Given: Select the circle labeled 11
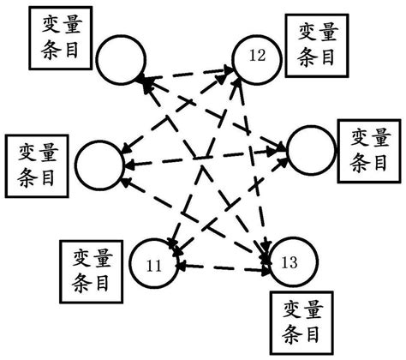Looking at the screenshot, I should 156,266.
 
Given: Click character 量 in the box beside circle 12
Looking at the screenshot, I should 330,33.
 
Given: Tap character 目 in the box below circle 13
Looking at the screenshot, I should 313,333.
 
